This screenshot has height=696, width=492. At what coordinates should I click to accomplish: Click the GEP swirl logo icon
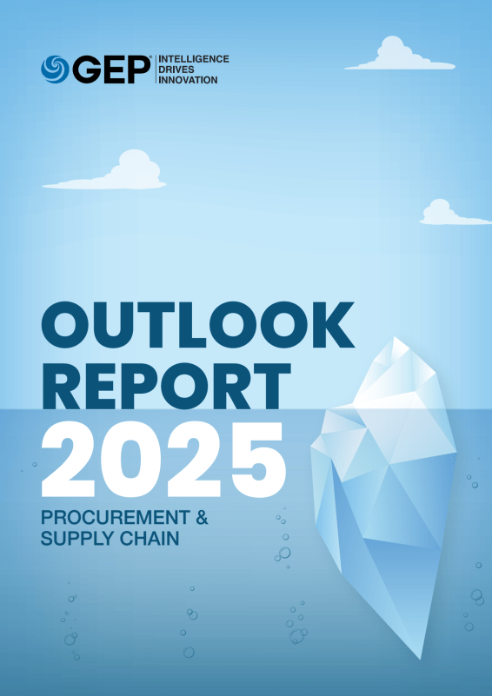[x=55, y=69]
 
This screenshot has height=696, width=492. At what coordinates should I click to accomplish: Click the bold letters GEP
[x=110, y=69]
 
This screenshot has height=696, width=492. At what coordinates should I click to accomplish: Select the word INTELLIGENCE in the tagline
[x=193, y=59]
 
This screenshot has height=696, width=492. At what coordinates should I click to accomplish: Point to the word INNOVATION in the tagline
[x=188, y=80]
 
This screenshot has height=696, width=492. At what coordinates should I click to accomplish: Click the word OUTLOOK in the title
[x=197, y=323]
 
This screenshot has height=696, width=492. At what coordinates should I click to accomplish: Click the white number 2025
[x=163, y=458]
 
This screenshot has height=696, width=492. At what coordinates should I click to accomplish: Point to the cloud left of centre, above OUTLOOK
[x=113, y=173]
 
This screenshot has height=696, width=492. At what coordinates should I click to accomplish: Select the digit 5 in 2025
[x=256, y=458]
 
